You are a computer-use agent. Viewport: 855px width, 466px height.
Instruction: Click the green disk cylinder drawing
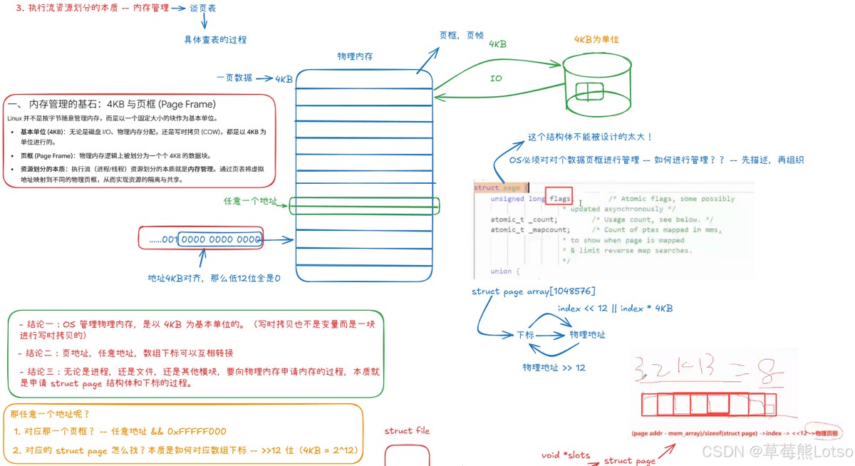(598, 85)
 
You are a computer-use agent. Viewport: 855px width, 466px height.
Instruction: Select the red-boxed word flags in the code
(558, 199)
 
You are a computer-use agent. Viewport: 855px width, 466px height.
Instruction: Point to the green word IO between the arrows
(496, 78)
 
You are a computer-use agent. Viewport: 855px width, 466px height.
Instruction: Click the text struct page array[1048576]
(533, 291)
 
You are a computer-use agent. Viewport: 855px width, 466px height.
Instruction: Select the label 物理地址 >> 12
(554, 367)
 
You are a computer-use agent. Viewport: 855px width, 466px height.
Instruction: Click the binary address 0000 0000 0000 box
(220, 239)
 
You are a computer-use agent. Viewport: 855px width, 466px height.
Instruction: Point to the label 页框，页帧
(462, 35)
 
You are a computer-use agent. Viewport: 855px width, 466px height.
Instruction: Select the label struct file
(407, 430)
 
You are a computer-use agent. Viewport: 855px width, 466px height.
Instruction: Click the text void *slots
(566, 454)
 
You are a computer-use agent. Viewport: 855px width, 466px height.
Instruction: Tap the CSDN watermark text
(777, 451)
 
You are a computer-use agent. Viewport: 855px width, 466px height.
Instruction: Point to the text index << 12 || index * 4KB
(615, 309)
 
